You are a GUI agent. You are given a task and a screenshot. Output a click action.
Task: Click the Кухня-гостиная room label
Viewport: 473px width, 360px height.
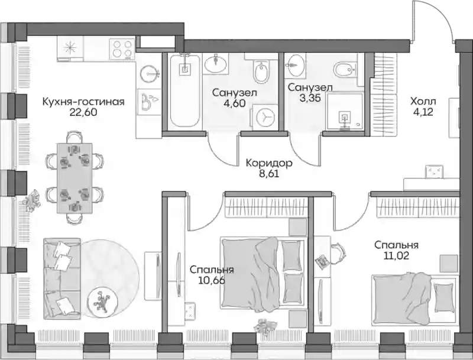pos(83,102)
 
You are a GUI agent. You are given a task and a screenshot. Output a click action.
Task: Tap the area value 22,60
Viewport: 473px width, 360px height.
pos(83,112)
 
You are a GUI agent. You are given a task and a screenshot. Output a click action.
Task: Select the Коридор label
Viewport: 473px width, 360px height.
pos(269,163)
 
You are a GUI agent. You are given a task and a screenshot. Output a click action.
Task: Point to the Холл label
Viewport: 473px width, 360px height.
pos(423,101)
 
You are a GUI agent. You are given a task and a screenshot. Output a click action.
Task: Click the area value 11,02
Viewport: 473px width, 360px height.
pos(396,256)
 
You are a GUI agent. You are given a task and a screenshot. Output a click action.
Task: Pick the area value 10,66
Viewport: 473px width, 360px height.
pos(212,281)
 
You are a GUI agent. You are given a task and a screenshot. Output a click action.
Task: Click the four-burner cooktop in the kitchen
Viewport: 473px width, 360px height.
pos(122,48)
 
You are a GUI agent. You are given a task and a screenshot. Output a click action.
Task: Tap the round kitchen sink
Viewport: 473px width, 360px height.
pos(149,73)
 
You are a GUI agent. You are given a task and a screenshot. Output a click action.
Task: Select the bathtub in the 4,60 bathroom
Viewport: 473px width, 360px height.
pos(184,90)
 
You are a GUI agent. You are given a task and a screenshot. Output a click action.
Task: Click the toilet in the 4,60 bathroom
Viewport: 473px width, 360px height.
pos(261,70)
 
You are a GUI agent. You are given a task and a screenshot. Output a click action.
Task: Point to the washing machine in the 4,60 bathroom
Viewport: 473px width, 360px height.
pos(265,117)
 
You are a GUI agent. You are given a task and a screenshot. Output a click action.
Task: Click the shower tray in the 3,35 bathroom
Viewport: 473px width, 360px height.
pos(345,112)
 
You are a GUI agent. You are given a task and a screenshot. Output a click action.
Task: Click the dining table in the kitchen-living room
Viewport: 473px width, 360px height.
pos(74,177)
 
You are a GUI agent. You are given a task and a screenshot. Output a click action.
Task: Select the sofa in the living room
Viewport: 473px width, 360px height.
pos(62,278)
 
